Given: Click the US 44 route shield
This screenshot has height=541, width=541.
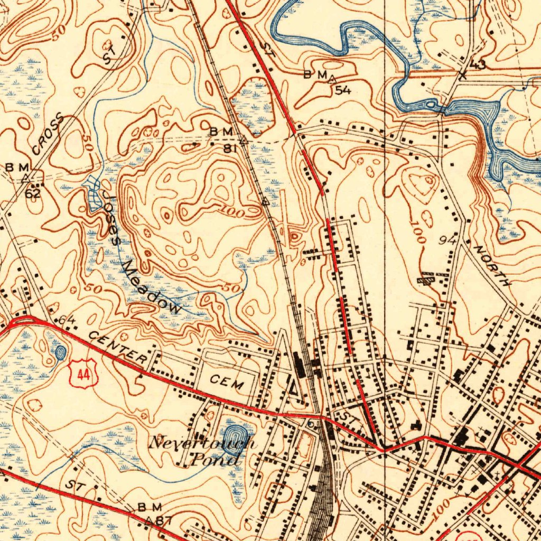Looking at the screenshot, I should tap(83, 374).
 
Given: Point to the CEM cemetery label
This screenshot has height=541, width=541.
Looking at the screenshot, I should tap(228, 381).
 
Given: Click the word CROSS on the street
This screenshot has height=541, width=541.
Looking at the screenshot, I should tap(47, 135).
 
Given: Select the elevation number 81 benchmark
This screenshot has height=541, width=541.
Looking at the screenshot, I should tap(229, 148).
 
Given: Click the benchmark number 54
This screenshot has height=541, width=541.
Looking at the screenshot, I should tap(343, 90).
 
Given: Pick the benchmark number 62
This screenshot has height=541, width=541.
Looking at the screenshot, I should tap(33, 193).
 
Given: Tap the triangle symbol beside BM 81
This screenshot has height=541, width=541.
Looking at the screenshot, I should tap(243, 142).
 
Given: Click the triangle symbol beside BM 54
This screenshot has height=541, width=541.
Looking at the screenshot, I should tap(332, 79).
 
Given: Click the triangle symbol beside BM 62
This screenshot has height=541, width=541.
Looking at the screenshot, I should tap(25, 178).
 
